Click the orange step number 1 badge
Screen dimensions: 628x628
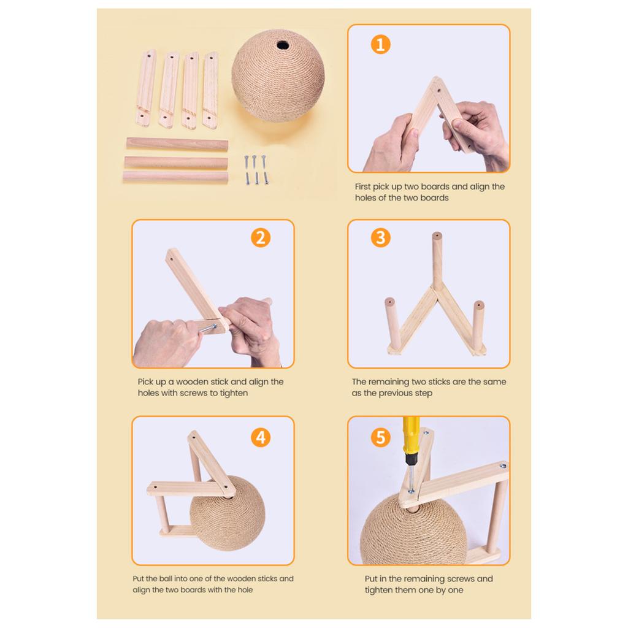point(380,44)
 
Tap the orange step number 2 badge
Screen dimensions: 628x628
point(261,237)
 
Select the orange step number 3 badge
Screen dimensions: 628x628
point(380,237)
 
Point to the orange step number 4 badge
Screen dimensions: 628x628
point(261,437)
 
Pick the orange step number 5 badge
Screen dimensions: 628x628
point(380,437)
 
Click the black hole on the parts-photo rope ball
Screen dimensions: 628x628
point(283,44)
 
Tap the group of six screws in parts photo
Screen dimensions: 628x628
point(256,170)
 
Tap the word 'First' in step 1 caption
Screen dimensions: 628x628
point(362,186)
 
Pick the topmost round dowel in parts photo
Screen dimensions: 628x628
point(177,144)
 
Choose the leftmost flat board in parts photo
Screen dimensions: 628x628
point(145,88)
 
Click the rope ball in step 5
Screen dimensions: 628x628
point(415,529)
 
